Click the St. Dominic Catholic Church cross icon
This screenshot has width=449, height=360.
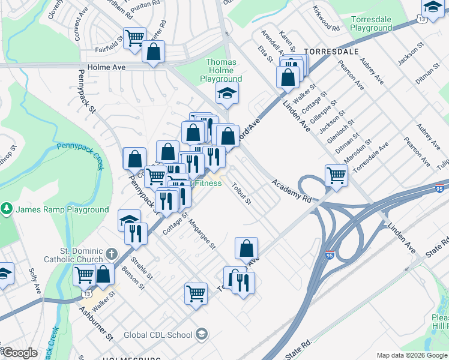pyautogui.click(x=110, y=253)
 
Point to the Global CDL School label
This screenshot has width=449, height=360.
pyautogui.click(x=159, y=335)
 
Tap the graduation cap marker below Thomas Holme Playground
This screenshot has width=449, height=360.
pyautogui.click(x=227, y=94)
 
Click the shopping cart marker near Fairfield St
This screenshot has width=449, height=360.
pyautogui.click(x=134, y=38)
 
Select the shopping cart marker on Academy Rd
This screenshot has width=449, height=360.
pyautogui.click(x=336, y=176)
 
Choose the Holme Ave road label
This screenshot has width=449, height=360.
pyautogui.click(x=106, y=67)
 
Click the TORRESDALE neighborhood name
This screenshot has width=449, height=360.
pyautogui.click(x=327, y=52)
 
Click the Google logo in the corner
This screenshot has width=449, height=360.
pyautogui.click(x=20, y=353)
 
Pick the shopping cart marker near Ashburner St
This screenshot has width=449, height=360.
pyautogui.click(x=196, y=295)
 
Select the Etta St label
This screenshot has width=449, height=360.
pyautogui.click(x=264, y=55)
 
